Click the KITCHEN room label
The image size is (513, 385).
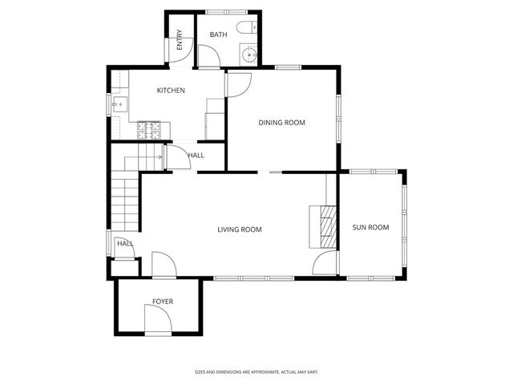tap(171, 91)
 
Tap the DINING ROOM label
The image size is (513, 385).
tap(281, 123)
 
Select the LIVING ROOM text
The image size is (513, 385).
tap(240, 230)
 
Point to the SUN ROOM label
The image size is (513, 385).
tap(370, 228)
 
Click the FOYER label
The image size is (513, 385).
tap(163, 302)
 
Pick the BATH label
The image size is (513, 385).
tap(218, 35)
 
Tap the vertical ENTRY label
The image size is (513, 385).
tap(180, 39)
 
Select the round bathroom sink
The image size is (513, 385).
tap(249, 56)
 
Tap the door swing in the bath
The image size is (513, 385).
tap(208, 56)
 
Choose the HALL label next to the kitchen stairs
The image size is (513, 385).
tap(196, 156)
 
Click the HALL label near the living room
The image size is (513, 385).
tap(125, 244)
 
